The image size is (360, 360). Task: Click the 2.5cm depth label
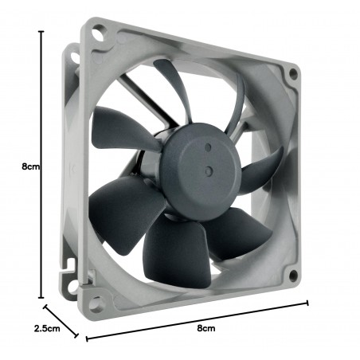pos(47,328)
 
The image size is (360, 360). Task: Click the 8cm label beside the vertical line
pos(31,166)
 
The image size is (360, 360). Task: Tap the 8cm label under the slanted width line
pos(206,328)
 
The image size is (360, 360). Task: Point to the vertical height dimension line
pos(41,164)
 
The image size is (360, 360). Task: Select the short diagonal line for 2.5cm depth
pos(61,321)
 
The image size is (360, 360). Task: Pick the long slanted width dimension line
pos(197,321)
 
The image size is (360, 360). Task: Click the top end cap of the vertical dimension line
pos(41,31)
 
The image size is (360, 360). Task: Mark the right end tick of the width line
pos(307,303)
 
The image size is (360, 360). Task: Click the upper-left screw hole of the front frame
pos(98,33)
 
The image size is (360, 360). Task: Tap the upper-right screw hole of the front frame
pos(293,73)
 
